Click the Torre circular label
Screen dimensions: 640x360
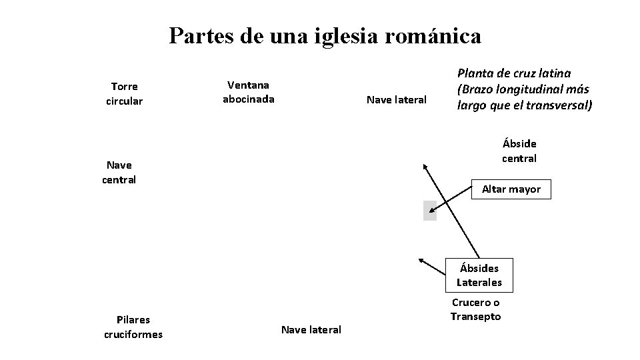click(124, 94)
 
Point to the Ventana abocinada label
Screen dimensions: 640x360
click(248, 92)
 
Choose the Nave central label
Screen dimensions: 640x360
click(119, 172)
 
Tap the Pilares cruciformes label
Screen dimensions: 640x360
click(133, 327)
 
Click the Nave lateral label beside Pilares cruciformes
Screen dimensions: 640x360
click(311, 329)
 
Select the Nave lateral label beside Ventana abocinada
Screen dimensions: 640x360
click(397, 100)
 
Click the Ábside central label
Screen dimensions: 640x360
click(519, 151)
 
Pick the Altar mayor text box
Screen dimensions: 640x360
click(511, 189)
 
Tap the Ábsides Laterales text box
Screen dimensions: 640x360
click(479, 275)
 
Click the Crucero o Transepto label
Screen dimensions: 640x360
click(475, 310)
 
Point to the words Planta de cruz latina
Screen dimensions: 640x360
click(513, 73)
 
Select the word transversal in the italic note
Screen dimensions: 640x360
click(559, 105)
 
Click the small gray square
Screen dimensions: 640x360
click(429, 210)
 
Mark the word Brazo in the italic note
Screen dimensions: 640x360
click(475, 89)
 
